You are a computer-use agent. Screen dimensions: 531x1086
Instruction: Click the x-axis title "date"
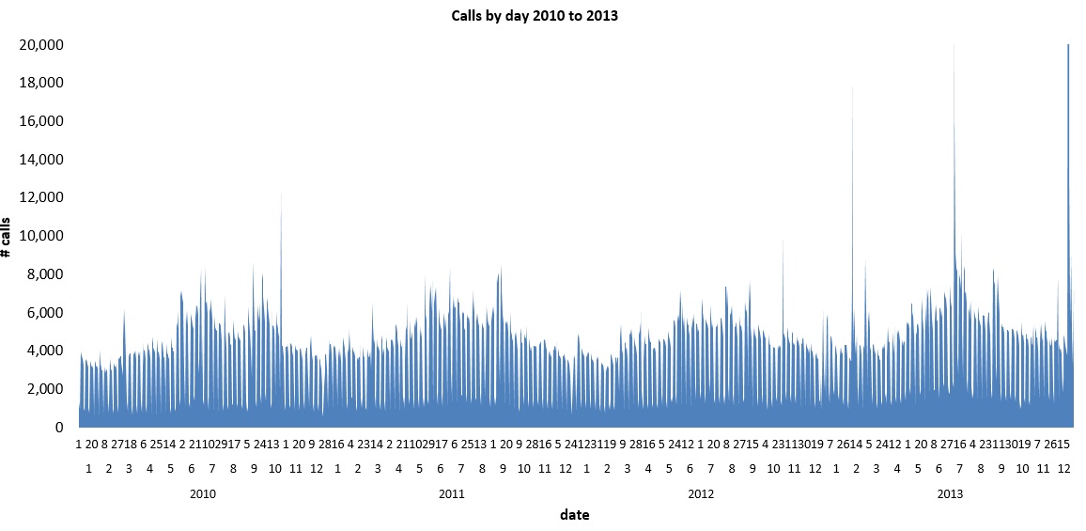574,514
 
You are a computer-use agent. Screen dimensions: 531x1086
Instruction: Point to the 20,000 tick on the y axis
41,45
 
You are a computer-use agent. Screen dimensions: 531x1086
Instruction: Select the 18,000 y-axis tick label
41,83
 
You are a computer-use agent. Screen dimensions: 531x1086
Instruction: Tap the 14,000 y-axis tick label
41,160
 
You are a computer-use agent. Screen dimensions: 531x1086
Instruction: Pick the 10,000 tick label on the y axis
41,236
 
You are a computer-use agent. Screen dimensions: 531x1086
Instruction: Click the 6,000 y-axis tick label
45,312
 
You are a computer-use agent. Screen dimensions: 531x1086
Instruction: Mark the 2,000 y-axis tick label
45,389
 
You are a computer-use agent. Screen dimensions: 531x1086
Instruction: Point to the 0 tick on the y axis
58,428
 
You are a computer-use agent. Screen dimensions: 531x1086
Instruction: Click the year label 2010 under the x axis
203,493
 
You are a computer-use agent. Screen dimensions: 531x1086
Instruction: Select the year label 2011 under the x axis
452,493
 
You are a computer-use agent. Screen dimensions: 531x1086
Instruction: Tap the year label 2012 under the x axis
701,493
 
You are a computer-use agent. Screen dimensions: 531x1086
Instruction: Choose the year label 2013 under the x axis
950,493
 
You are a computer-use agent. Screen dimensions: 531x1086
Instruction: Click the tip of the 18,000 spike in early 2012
852,86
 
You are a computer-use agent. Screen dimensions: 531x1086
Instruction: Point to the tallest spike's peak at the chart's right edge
1068,45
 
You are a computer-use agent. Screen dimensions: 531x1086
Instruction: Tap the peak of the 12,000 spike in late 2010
281,193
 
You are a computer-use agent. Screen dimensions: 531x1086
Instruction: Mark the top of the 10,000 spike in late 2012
783,240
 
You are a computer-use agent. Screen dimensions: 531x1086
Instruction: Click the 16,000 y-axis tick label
41,121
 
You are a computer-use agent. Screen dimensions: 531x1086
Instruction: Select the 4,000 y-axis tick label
45,351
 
